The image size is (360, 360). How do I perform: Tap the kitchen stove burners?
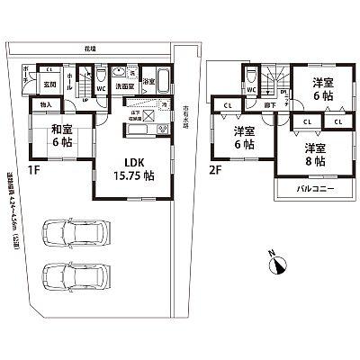pyautogui.click(x=163, y=130)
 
